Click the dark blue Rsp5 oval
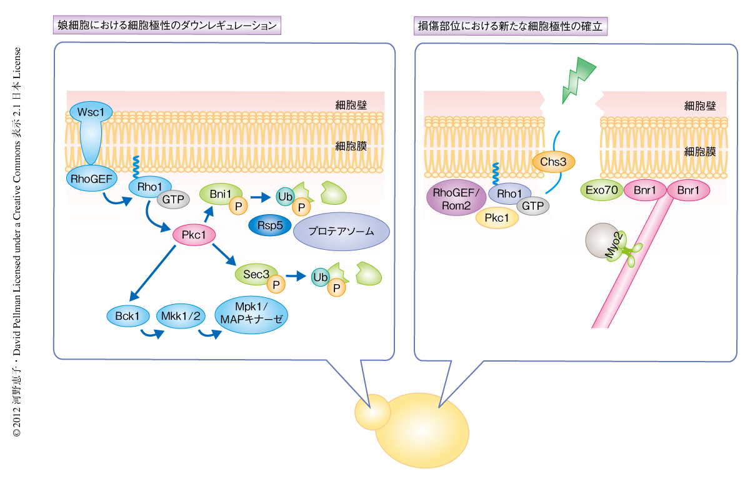[266, 225]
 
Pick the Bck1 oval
[127, 316]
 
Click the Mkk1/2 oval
[179, 316]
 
